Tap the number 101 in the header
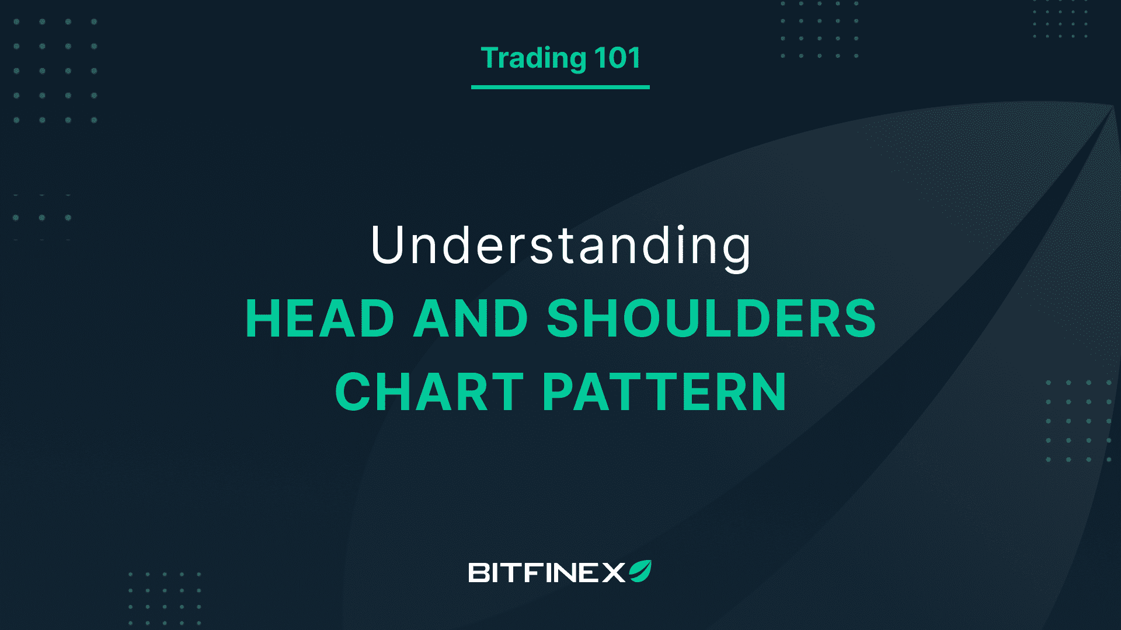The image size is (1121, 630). (618, 58)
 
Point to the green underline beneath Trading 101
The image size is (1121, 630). (560, 87)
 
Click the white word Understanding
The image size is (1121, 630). (560, 247)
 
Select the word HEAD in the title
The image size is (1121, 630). (320, 318)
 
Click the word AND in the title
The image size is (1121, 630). (471, 318)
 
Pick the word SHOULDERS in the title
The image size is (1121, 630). (711, 318)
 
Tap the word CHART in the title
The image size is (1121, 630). (429, 391)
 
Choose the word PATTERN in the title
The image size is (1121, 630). (664, 391)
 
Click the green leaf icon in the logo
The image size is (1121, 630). (640, 571)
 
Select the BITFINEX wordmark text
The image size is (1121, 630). (547, 573)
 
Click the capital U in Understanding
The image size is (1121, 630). (389, 244)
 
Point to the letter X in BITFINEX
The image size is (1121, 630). (614, 573)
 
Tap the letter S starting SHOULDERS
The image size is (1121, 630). (563, 318)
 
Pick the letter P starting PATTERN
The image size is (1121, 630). (559, 391)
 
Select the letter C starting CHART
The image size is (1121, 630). (354, 391)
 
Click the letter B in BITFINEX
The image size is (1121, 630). (479, 573)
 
